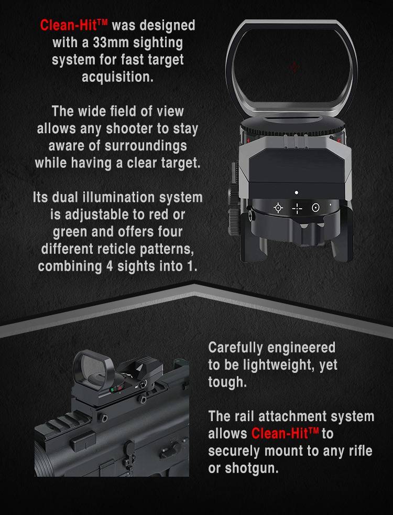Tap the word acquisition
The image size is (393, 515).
[x=117, y=77]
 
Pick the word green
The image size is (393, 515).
[x=72, y=231]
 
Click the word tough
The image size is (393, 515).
[x=226, y=382]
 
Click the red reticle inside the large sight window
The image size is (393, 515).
[x=294, y=67]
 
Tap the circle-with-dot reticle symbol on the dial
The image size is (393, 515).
[x=315, y=208]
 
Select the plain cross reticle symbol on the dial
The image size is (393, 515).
[x=297, y=208]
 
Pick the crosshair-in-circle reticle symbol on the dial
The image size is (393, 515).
[x=278, y=208]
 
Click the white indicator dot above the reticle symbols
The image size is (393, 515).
[x=297, y=193]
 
